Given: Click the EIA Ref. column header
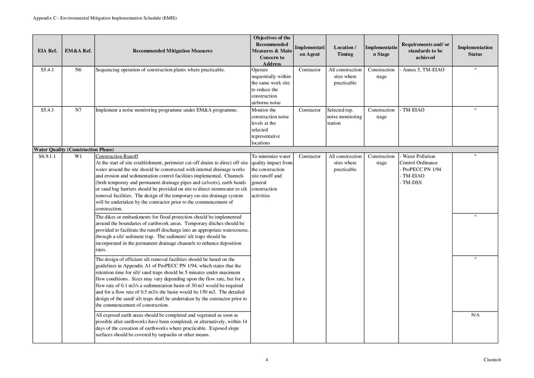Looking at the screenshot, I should click(47, 51).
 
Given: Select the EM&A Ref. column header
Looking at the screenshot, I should click(78, 51).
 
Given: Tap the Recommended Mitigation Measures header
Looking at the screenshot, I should click(172, 51).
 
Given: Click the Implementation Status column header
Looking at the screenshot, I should click(475, 51).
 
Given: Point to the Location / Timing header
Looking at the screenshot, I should click(345, 51).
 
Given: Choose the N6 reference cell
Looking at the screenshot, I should click(78, 70).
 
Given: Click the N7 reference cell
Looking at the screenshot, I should click(78, 110).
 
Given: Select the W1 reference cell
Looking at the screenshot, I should click(78, 157).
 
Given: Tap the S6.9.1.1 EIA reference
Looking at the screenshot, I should click(47, 157).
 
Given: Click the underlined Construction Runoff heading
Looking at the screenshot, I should click(117, 157).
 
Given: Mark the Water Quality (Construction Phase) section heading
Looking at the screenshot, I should click(74, 150).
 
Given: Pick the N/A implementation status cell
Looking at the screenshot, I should click(475, 315).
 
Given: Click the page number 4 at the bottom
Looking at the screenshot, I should click(267, 360).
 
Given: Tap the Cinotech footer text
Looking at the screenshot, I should click(492, 360).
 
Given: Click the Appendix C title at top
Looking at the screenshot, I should click(105, 18).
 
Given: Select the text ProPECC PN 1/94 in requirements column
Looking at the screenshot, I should click(422, 170).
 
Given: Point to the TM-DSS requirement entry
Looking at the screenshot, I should click(412, 183).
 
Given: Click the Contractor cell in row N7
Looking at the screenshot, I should click(310, 110).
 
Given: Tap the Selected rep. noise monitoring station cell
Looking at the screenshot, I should click(344, 117).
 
